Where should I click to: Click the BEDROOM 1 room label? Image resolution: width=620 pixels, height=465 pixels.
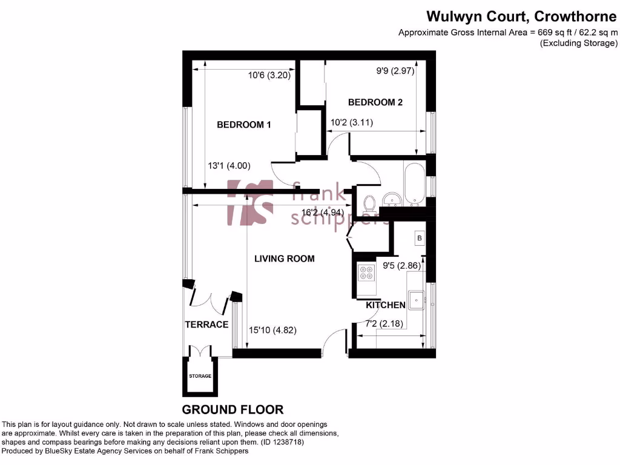[x=243, y=125]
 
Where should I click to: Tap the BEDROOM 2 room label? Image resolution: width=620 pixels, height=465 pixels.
[x=375, y=102]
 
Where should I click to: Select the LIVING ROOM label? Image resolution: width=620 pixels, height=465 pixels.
[x=284, y=259]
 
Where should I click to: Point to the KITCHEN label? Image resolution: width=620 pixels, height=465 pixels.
[x=385, y=305]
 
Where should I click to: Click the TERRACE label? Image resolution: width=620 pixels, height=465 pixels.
[x=206, y=325]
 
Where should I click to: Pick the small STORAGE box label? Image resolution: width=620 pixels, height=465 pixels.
[x=200, y=376]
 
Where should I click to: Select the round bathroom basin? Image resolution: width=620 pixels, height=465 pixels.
[x=389, y=200]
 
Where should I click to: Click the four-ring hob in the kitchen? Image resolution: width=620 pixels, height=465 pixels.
[x=366, y=272]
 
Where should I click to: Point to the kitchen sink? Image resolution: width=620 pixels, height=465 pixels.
[x=417, y=299]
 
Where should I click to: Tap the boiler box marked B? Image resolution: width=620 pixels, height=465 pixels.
[x=419, y=239]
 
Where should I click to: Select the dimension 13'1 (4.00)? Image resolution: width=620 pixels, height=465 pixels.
[x=229, y=165]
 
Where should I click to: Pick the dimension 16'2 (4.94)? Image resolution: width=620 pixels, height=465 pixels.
[x=322, y=213]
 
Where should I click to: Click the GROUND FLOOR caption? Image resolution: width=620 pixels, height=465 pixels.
[x=232, y=409]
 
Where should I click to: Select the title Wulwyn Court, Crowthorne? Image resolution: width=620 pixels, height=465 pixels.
[x=521, y=16]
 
